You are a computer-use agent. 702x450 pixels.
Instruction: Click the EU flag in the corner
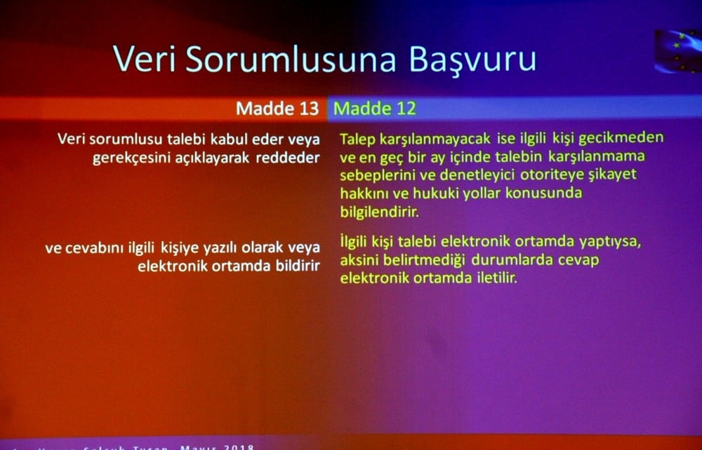(x=677, y=51)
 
